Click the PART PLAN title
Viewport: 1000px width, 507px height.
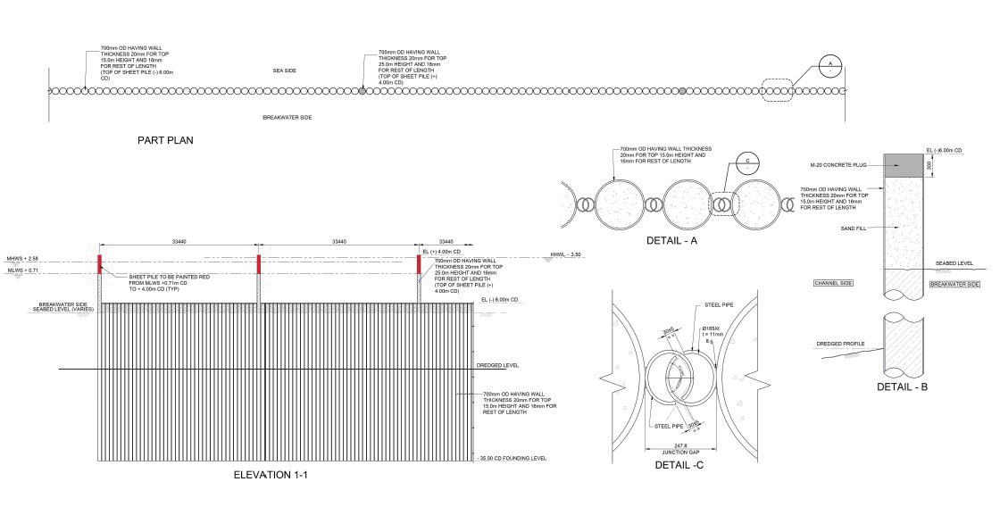165,140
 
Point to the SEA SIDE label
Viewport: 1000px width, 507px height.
284,69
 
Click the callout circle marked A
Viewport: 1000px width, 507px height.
829,67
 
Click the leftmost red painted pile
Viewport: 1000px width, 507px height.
100,264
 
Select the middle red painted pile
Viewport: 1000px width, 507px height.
258,264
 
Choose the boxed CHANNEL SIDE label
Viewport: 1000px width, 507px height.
834,283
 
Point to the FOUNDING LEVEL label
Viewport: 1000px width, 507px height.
512,458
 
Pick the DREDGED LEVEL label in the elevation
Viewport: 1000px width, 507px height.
498,365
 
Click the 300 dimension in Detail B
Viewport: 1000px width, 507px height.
932,165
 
